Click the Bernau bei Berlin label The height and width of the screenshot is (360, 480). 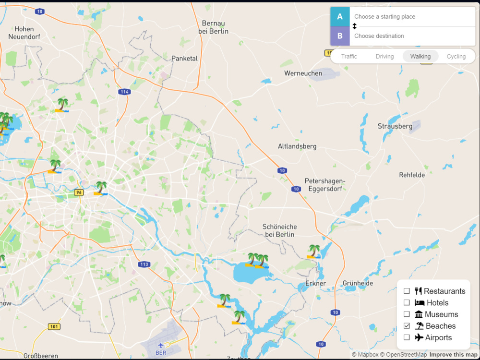(213, 27)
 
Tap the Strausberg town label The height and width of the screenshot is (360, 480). (395, 126)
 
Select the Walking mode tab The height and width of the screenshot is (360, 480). (420, 56)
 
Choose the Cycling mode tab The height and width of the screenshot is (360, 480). (456, 56)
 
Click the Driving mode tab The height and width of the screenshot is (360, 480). (384, 56)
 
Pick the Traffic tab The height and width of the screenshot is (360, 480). (349, 56)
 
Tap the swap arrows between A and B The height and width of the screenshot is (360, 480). (355, 26)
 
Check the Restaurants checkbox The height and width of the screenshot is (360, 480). (407, 291)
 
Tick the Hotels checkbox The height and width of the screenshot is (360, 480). (407, 303)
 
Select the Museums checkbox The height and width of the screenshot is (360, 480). (407, 314)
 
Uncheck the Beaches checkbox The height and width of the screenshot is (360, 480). (407, 326)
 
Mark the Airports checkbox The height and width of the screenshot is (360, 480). (407, 337)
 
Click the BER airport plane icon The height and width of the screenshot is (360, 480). (161, 345)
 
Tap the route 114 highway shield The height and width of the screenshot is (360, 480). (125, 92)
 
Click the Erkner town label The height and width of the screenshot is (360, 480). (315, 283)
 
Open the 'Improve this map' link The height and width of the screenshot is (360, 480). (453, 355)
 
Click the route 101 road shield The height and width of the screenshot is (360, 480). (54, 327)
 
